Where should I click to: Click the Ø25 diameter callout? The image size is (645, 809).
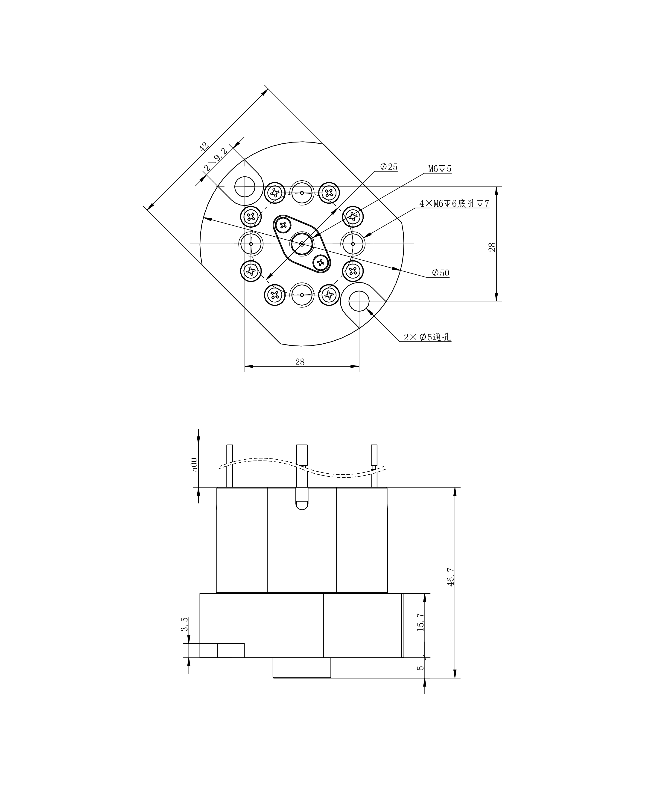(x=389, y=167)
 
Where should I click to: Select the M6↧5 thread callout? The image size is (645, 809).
(x=440, y=169)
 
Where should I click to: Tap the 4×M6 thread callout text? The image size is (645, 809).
(x=454, y=204)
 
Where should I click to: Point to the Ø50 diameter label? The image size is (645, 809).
(x=440, y=273)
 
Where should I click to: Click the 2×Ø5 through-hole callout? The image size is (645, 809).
(x=427, y=337)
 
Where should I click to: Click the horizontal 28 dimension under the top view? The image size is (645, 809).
(x=300, y=362)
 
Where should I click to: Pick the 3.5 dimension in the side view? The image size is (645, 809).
(x=184, y=624)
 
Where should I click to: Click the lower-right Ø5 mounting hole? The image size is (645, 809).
(x=359, y=301)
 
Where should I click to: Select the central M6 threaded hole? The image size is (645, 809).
(x=302, y=244)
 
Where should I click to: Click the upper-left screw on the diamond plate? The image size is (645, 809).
(x=283, y=225)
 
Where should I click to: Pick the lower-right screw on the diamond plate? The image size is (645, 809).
(x=321, y=262)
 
